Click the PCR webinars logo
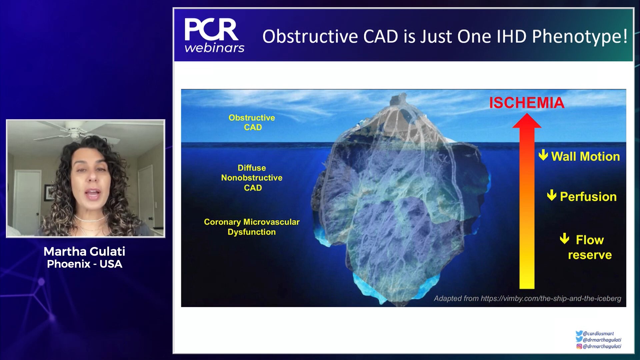point(214,35)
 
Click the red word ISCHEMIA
point(527,103)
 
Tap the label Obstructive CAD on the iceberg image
point(252,122)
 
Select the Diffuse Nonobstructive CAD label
point(252,178)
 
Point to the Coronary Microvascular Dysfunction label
point(252,227)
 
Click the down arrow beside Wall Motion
point(543,155)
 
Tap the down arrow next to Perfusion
point(552,195)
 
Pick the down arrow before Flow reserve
point(564,238)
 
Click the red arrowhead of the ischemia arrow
point(527,121)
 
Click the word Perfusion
point(588,197)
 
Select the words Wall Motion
point(585,156)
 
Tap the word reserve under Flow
point(590,255)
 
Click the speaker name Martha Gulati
point(84,251)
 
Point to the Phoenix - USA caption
point(85,264)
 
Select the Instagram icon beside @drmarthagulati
point(579,346)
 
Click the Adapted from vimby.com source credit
point(527,298)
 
